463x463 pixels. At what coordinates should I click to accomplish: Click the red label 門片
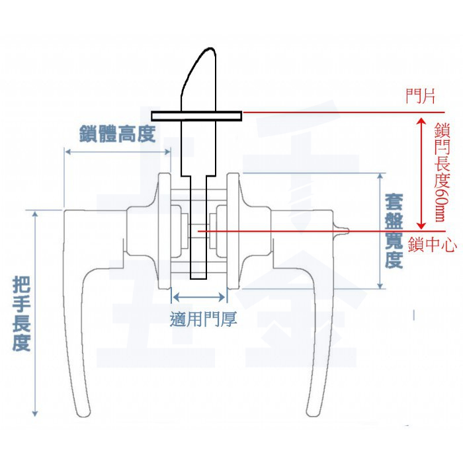[421, 97]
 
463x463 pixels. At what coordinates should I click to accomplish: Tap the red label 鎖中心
[433, 245]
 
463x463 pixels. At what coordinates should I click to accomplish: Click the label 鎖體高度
[116, 134]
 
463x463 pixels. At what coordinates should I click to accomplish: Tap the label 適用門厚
[203, 320]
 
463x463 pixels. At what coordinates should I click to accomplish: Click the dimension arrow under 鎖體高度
[117, 151]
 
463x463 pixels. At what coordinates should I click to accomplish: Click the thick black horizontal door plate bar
[196, 116]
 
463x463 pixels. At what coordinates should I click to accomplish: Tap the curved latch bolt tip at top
[200, 66]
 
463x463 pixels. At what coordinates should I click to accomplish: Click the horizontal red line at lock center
[298, 232]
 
